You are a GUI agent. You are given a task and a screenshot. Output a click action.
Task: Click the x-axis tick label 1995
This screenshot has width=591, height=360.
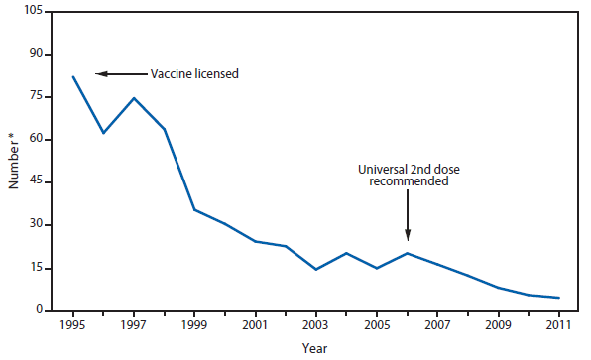coord(72,324)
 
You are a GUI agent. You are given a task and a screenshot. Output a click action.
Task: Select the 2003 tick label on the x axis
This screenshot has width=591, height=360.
coord(316,324)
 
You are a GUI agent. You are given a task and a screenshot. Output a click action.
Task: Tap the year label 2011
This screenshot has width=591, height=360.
coord(560,324)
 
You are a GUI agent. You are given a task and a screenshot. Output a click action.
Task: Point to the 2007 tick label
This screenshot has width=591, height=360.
coord(438,324)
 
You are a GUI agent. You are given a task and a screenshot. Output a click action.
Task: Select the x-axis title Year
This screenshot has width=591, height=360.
coord(315,348)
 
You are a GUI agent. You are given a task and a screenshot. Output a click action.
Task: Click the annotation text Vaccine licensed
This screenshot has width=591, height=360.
coord(194,73)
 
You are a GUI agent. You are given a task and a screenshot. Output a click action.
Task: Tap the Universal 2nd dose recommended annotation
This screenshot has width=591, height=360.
coord(407,176)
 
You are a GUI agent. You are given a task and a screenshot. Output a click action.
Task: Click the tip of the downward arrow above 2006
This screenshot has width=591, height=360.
coord(408,238)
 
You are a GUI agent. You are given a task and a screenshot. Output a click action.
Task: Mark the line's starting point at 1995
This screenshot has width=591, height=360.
coord(72,76)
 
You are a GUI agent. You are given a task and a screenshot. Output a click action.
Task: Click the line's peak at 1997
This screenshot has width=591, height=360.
coord(134,98)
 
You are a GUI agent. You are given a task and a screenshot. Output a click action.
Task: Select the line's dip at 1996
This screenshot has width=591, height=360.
coord(103,133)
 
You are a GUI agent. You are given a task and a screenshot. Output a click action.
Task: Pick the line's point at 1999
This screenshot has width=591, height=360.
coord(194,209)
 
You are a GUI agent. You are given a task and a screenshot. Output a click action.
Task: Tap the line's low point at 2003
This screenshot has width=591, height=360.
coord(316,269)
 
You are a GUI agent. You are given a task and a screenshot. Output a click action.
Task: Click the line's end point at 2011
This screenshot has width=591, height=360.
coord(560,298)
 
